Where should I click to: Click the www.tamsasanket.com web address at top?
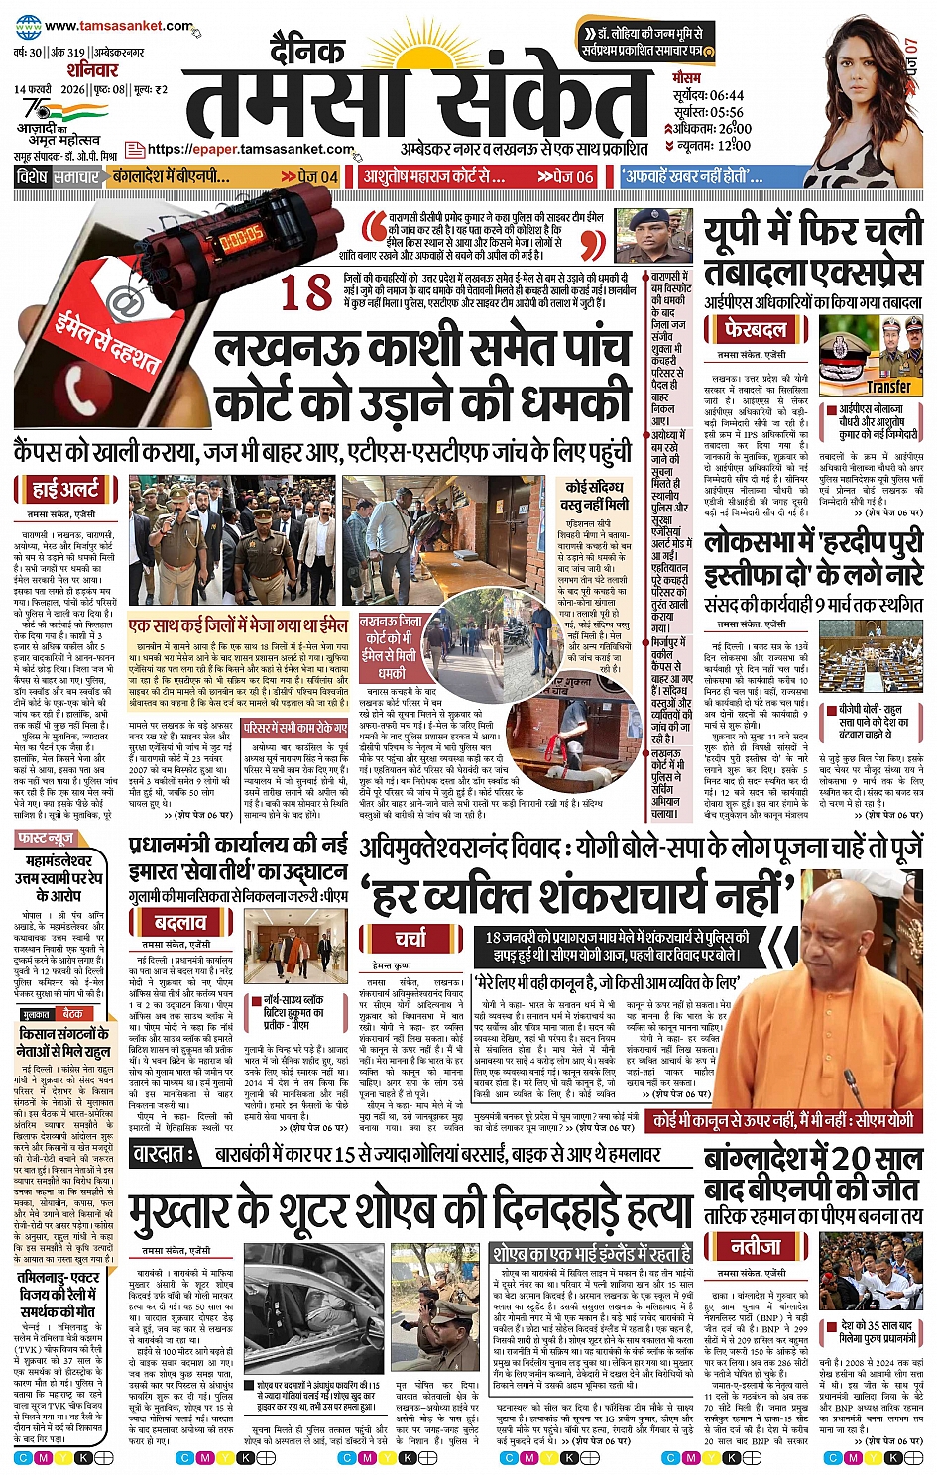[118, 27]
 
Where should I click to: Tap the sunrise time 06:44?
[725, 96]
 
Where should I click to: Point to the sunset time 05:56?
[725, 112]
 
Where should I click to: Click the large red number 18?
[305, 293]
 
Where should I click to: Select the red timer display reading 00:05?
[241, 238]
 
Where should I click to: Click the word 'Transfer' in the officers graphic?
[888, 387]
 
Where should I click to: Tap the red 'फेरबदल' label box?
[756, 329]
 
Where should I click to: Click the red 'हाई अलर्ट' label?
[65, 489]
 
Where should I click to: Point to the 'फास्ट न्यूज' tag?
[46, 839]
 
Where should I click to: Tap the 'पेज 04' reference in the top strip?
[316, 177]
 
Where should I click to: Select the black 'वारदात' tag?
[164, 1154]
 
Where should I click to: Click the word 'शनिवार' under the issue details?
[92, 70]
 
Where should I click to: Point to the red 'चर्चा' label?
[410, 938]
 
